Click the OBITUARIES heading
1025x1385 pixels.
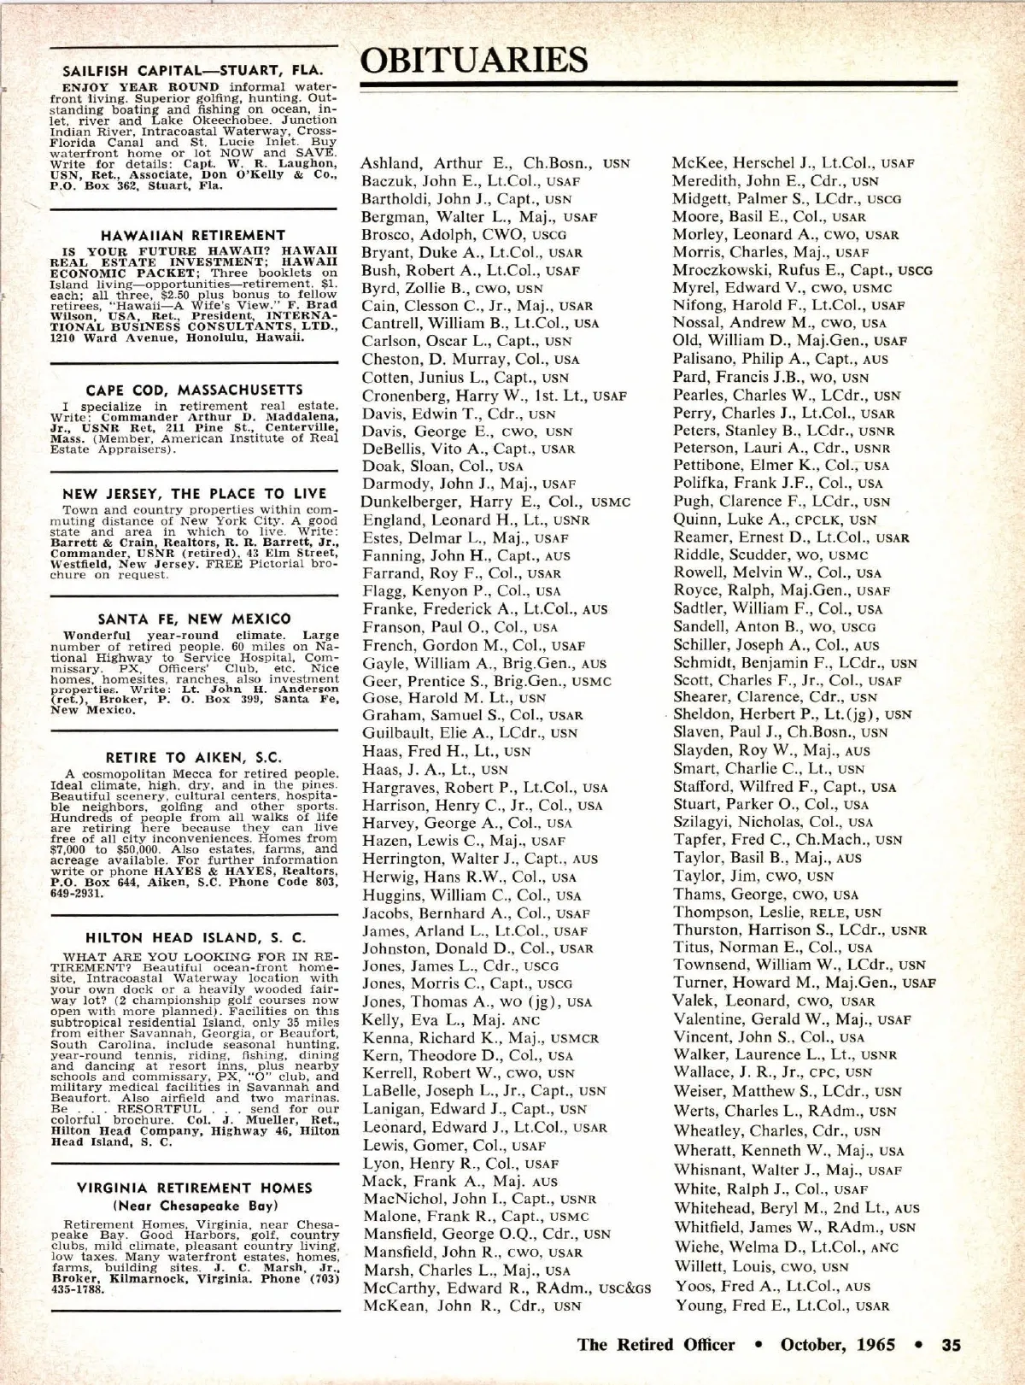tap(475, 60)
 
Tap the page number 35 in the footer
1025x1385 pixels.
tap(951, 1344)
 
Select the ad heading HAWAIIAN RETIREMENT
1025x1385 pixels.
tap(193, 235)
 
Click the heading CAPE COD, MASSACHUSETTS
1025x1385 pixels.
tap(194, 390)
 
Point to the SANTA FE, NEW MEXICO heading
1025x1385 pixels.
tap(194, 619)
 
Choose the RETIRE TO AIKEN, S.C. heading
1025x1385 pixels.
tap(194, 757)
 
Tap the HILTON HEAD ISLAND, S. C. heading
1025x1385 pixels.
tap(195, 937)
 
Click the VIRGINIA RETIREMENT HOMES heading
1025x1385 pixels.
tap(194, 1188)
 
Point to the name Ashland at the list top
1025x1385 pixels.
tap(390, 162)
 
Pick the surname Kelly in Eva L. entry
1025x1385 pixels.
tap(380, 1019)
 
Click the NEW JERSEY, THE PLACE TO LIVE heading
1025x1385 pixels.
tap(194, 493)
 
